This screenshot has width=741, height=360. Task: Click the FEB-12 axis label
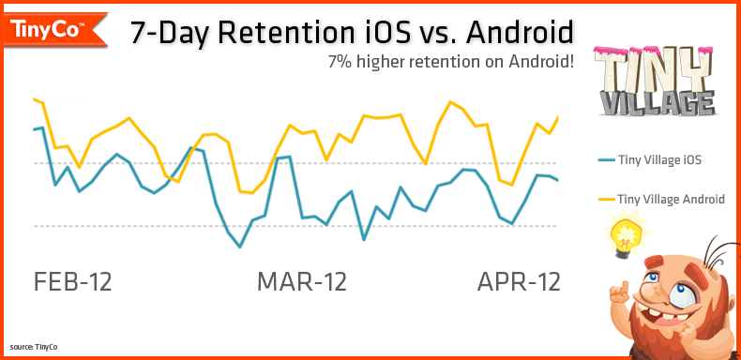pos(72,281)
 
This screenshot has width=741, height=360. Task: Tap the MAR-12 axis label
pos(302,281)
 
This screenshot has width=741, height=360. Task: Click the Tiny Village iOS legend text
pos(659,160)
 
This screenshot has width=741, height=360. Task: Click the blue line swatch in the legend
pos(604,160)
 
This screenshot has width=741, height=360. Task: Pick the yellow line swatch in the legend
pos(604,200)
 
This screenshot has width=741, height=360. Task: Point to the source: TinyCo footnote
pos(35,347)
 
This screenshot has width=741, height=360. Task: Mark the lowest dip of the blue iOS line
pos(241,247)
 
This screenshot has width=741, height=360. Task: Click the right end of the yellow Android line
pos(558,117)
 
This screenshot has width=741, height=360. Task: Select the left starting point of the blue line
pos(34,129)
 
